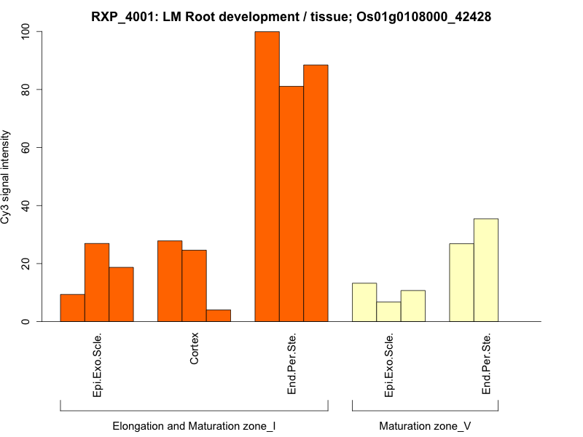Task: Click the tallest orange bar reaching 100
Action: point(267,176)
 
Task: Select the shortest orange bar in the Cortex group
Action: point(219,315)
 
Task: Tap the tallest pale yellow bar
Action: point(486,269)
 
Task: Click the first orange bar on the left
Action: point(72,307)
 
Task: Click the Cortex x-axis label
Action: point(195,350)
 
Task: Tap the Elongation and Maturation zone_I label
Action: point(194,425)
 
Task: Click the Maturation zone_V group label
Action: point(425,425)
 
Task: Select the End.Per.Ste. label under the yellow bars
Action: point(486,364)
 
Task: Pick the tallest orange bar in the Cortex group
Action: point(170,280)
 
